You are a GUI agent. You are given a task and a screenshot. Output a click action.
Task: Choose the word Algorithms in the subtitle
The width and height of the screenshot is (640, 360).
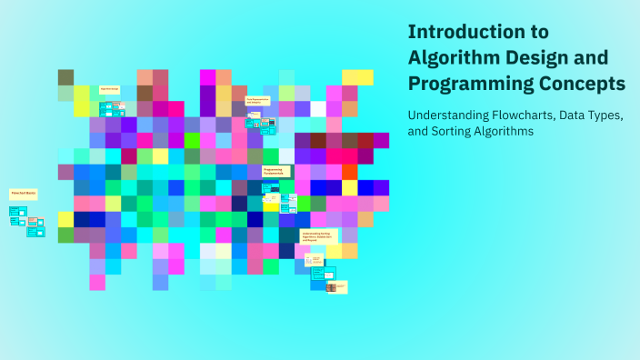tap(505, 132)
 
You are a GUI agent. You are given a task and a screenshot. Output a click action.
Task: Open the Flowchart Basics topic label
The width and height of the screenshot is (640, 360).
tap(22, 194)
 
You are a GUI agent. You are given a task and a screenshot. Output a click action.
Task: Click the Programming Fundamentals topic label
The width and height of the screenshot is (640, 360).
tap(276, 170)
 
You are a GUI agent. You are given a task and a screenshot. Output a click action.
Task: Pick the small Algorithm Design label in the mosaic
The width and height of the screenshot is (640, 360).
tap(109, 88)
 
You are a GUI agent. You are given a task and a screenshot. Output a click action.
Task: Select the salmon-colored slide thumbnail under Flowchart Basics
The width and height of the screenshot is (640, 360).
tap(35, 221)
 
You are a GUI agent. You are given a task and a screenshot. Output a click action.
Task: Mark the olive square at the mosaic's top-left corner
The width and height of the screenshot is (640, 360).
tap(65, 77)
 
